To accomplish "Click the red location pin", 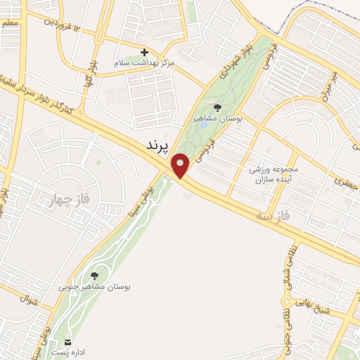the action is pyautogui.click(x=181, y=166).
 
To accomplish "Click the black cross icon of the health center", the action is pyautogui.click(x=145, y=52).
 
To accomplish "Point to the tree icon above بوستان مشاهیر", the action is pyautogui.click(x=217, y=108).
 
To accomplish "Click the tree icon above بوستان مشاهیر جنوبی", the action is pyautogui.click(x=95, y=275).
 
